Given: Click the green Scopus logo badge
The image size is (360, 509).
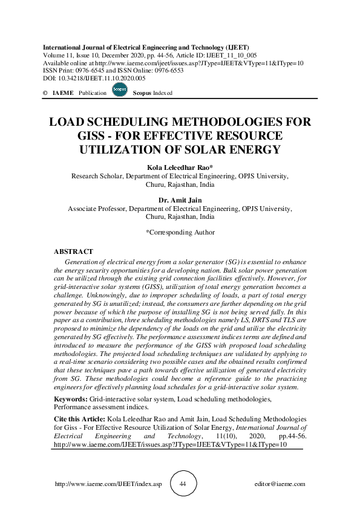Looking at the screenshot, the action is (x=120, y=92).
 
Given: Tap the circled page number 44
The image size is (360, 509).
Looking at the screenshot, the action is (x=182, y=484).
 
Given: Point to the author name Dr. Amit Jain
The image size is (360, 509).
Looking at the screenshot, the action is (x=180, y=199).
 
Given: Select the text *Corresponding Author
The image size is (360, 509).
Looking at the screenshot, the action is (x=180, y=232).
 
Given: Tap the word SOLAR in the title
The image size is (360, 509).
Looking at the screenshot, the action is (x=203, y=149).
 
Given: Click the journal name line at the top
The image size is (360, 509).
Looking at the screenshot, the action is (x=146, y=47).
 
